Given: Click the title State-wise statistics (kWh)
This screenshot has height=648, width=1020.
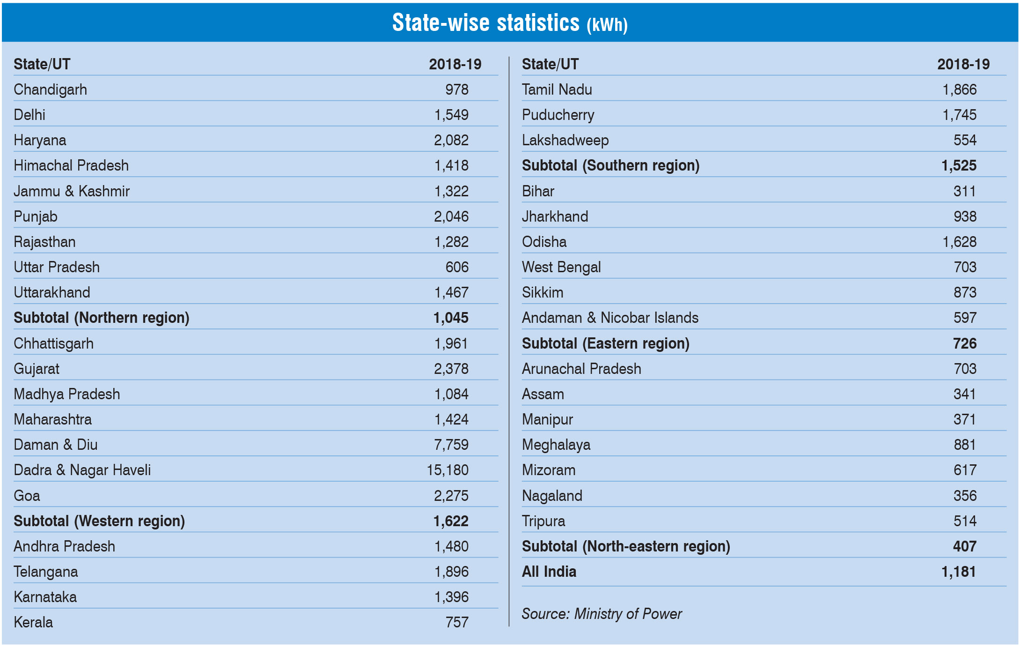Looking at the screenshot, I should coord(509,23).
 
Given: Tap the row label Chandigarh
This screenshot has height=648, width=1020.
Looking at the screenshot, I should coord(50,89).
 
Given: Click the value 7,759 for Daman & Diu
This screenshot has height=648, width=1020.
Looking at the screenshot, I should coord(451,445).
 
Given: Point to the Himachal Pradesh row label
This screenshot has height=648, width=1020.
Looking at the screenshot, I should coord(71,165).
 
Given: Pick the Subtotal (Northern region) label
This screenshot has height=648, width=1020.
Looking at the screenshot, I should coord(101,318).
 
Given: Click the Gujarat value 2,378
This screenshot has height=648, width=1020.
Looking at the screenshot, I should coord(451,369).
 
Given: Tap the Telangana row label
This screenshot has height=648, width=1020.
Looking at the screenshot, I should coord(45,572).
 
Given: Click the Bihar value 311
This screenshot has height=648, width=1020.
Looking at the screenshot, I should coord(964,191).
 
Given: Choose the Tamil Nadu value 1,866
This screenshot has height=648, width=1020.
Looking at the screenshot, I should coord(959,89).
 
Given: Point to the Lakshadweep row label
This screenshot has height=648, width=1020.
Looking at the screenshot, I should coord(565,140).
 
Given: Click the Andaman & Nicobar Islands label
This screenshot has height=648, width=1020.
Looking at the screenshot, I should coord(610,318).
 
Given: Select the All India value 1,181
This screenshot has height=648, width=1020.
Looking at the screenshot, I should coord(958,572).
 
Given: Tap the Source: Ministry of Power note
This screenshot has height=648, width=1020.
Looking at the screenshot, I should coord(602,614).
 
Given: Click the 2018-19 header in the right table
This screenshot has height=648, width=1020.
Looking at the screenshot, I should coord(963,64).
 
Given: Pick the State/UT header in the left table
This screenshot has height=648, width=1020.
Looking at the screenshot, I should coord(42,64).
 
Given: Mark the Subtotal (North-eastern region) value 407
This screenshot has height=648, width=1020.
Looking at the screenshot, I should coord(964,546).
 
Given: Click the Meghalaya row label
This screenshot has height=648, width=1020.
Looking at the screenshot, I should coord(556,445).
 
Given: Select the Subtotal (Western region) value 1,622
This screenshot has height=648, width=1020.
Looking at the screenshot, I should coord(450,521).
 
